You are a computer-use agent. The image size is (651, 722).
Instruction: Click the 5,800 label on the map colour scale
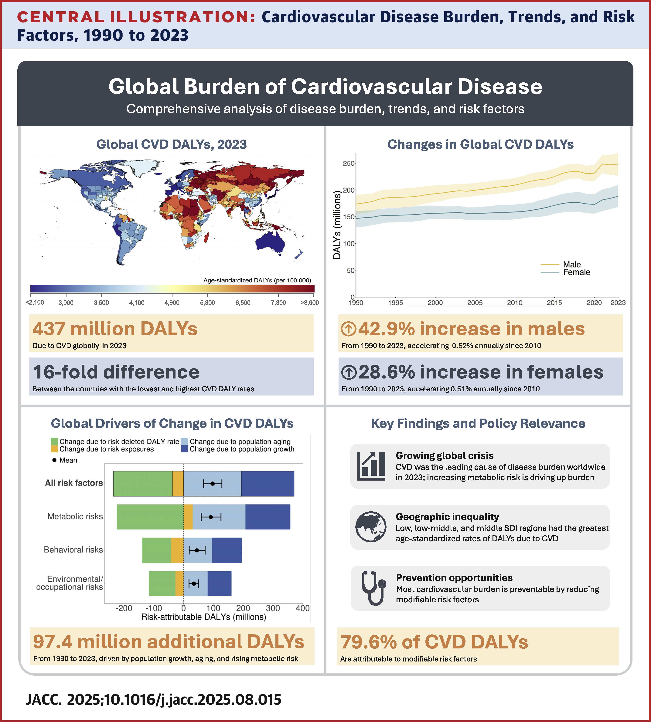pos(207,303)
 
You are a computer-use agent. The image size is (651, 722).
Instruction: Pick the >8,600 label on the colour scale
pos(309,303)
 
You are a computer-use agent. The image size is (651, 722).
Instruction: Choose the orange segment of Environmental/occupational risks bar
pos(179,583)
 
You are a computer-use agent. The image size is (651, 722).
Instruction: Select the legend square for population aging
pos(185,441)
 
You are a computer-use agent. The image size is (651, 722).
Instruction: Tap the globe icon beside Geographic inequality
pos(371,527)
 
